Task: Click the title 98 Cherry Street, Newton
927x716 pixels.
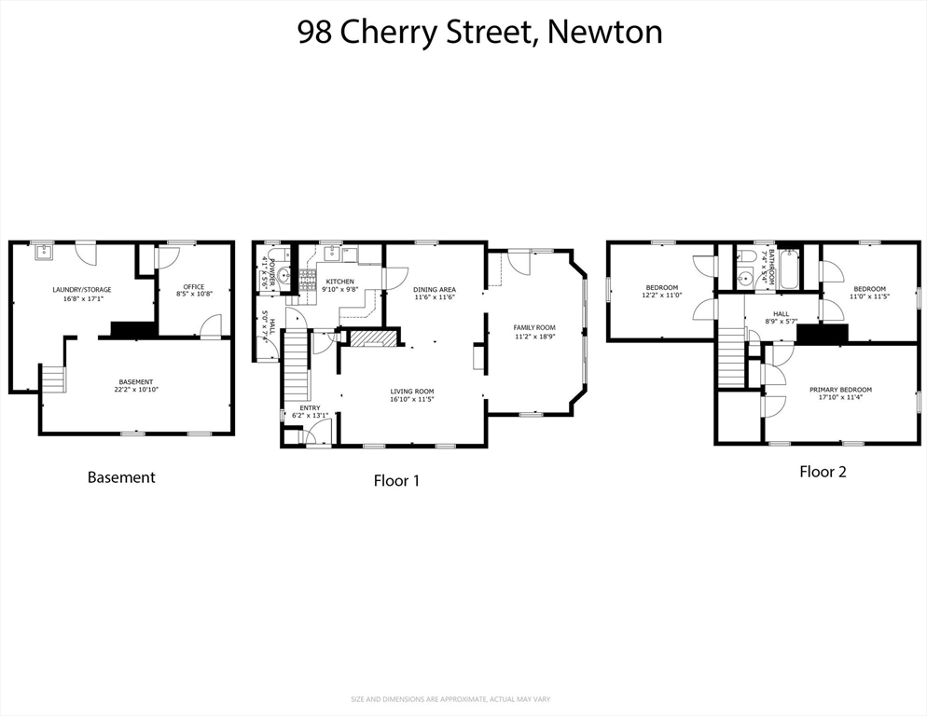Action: click(x=479, y=32)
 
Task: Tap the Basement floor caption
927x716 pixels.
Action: click(x=121, y=477)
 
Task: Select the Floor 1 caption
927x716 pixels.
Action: click(x=396, y=481)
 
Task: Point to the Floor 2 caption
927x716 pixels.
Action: click(x=823, y=472)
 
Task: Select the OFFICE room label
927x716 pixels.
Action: click(x=194, y=287)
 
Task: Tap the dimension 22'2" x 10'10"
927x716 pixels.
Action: click(x=136, y=390)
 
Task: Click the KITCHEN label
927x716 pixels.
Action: click(x=339, y=282)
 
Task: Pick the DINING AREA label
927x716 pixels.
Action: click(x=434, y=289)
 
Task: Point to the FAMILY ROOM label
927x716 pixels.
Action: click(x=534, y=327)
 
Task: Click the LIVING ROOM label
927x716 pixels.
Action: click(x=411, y=392)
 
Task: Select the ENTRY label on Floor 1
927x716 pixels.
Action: click(x=310, y=407)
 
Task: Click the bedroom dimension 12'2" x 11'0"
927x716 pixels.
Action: click(x=662, y=296)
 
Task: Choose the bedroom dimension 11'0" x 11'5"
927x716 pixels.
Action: click(x=869, y=296)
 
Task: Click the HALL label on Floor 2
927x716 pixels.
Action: click(x=781, y=314)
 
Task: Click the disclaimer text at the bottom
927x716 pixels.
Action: click(x=463, y=699)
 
